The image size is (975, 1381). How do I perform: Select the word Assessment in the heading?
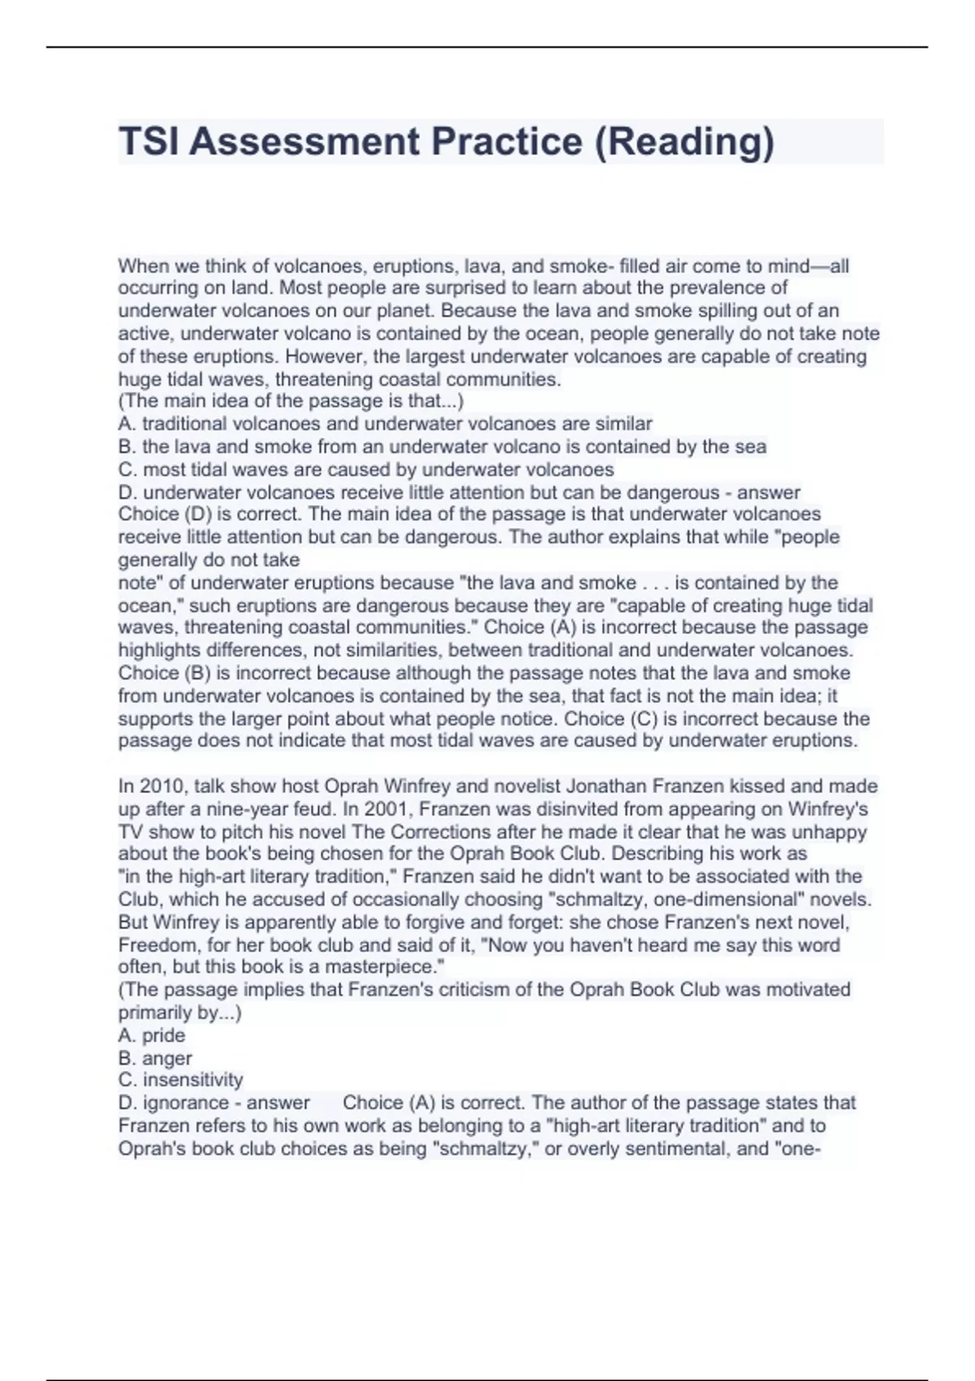click(304, 141)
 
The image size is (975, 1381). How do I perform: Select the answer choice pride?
click(163, 1035)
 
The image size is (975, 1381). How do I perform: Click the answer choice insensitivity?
click(193, 1080)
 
